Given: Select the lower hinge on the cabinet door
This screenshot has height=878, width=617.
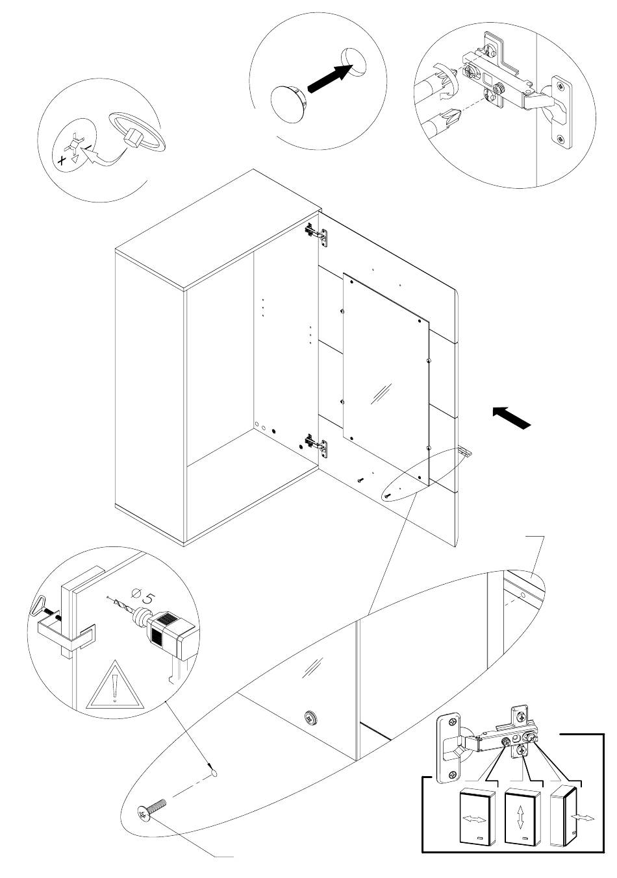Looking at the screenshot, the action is tap(316, 445).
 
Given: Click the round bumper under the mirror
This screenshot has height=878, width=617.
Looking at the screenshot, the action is tap(310, 718).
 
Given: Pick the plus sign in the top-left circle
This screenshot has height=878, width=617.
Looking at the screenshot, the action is tap(61, 160).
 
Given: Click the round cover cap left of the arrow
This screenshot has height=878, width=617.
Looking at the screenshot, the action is tap(289, 103).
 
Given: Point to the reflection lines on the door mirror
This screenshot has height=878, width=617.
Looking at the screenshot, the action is tap(382, 393).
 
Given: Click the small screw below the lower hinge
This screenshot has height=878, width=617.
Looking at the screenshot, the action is tap(360, 480).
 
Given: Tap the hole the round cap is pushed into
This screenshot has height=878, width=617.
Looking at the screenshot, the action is tap(354, 62).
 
